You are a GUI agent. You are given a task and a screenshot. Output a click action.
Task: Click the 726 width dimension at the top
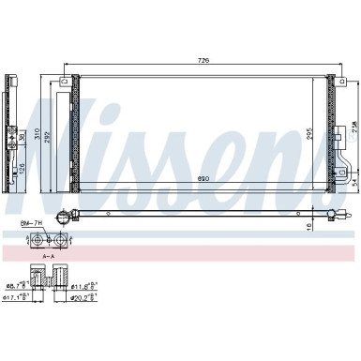[x=203, y=60]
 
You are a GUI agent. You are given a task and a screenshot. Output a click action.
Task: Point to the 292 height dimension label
[x=53, y=133]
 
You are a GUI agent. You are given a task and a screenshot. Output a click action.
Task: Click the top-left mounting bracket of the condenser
[x=65, y=83]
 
